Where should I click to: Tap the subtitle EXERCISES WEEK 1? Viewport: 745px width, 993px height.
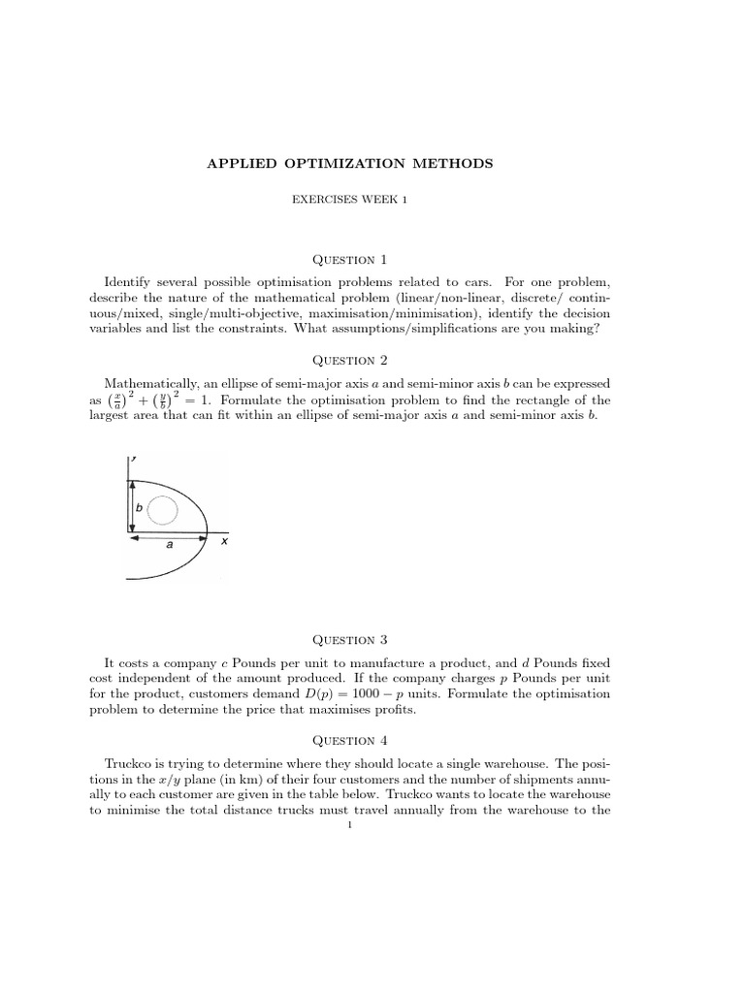click(349, 198)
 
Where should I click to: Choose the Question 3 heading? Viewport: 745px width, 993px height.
click(349, 639)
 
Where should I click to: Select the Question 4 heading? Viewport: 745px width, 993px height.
click(349, 740)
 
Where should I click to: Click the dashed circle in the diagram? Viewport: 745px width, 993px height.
click(163, 508)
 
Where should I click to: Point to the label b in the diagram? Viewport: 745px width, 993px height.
click(139, 507)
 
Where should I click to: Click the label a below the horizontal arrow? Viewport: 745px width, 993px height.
click(170, 545)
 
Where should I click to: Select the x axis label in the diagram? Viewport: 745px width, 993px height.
click(224, 542)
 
